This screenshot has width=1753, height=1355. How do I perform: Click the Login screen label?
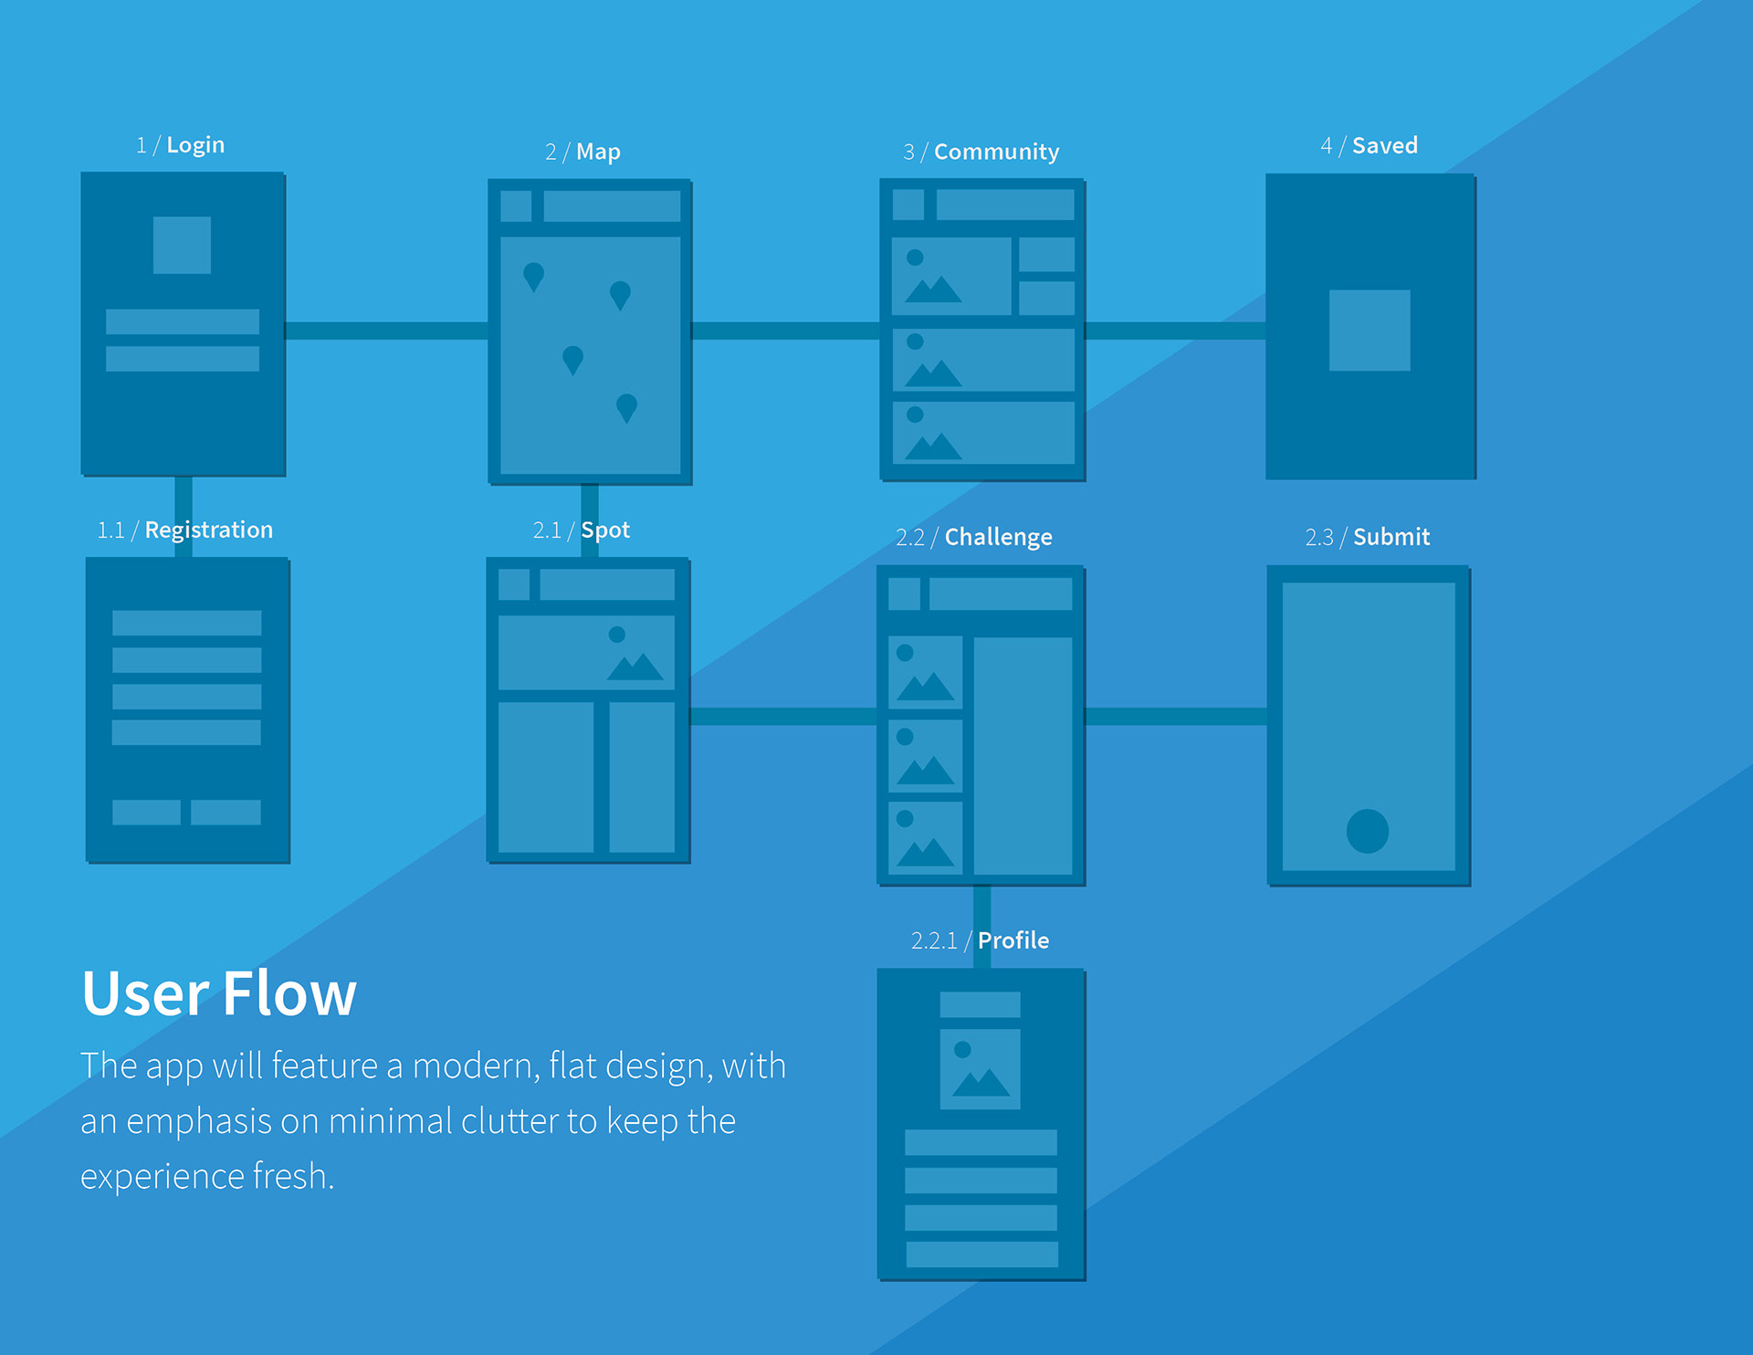(180, 145)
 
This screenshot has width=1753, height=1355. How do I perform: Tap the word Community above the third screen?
(996, 152)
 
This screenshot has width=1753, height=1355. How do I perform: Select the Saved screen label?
(1369, 145)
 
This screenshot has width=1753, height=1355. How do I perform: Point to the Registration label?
(185, 530)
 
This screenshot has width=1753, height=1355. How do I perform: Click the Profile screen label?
(980, 940)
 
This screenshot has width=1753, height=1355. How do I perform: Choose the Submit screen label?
(1367, 537)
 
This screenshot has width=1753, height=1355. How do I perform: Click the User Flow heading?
(219, 993)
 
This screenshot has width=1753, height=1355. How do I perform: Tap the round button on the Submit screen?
(1368, 831)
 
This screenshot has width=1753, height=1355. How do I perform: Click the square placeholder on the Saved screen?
(1370, 331)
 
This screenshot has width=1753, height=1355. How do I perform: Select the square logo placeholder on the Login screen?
(182, 245)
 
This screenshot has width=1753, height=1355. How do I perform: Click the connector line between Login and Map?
(386, 331)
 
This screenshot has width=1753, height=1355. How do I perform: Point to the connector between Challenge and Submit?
(1176, 716)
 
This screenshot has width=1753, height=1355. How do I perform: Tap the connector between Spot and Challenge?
(783, 716)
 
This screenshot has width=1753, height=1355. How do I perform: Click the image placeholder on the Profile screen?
(980, 1069)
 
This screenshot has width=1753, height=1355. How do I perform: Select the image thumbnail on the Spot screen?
(586, 652)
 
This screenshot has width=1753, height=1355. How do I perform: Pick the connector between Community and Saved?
(1175, 331)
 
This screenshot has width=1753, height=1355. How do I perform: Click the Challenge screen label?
(973, 537)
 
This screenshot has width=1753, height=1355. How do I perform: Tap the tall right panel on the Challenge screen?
(1023, 756)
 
